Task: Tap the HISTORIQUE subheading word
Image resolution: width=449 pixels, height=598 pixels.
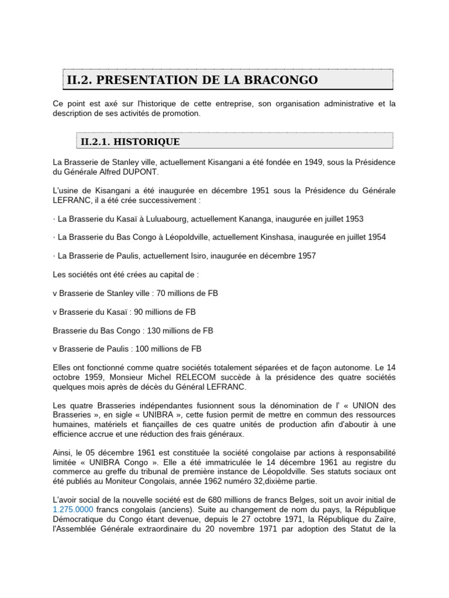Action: [x=147, y=141]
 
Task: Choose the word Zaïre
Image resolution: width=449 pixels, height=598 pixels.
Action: [x=382, y=519]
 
